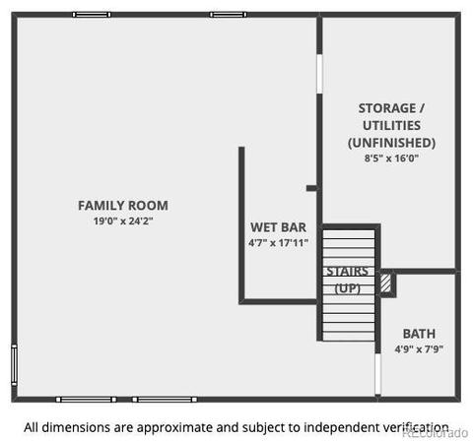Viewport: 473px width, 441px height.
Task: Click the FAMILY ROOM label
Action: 123,206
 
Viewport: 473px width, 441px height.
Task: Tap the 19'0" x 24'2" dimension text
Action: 123,220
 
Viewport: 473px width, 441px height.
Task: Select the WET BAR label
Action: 278,227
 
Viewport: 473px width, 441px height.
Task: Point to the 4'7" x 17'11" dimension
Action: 278,243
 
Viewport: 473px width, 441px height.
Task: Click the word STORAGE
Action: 387,108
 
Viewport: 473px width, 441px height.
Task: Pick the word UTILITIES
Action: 391,125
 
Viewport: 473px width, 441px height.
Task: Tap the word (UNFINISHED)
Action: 391,143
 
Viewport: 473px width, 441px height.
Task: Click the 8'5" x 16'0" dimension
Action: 391,158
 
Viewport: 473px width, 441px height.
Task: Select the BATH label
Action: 419,334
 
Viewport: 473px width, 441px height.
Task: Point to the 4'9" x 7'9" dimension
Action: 419,348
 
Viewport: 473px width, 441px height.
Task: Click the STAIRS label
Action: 347,272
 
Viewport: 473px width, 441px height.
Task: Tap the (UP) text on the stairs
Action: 347,288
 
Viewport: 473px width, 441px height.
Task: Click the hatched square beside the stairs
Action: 385,283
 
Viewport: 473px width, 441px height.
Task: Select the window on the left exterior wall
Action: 14,364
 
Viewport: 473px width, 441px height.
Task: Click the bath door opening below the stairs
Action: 378,373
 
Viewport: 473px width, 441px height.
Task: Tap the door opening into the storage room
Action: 319,74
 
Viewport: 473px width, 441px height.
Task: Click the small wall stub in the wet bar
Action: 311,188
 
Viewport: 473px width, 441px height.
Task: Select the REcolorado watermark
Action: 436,432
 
